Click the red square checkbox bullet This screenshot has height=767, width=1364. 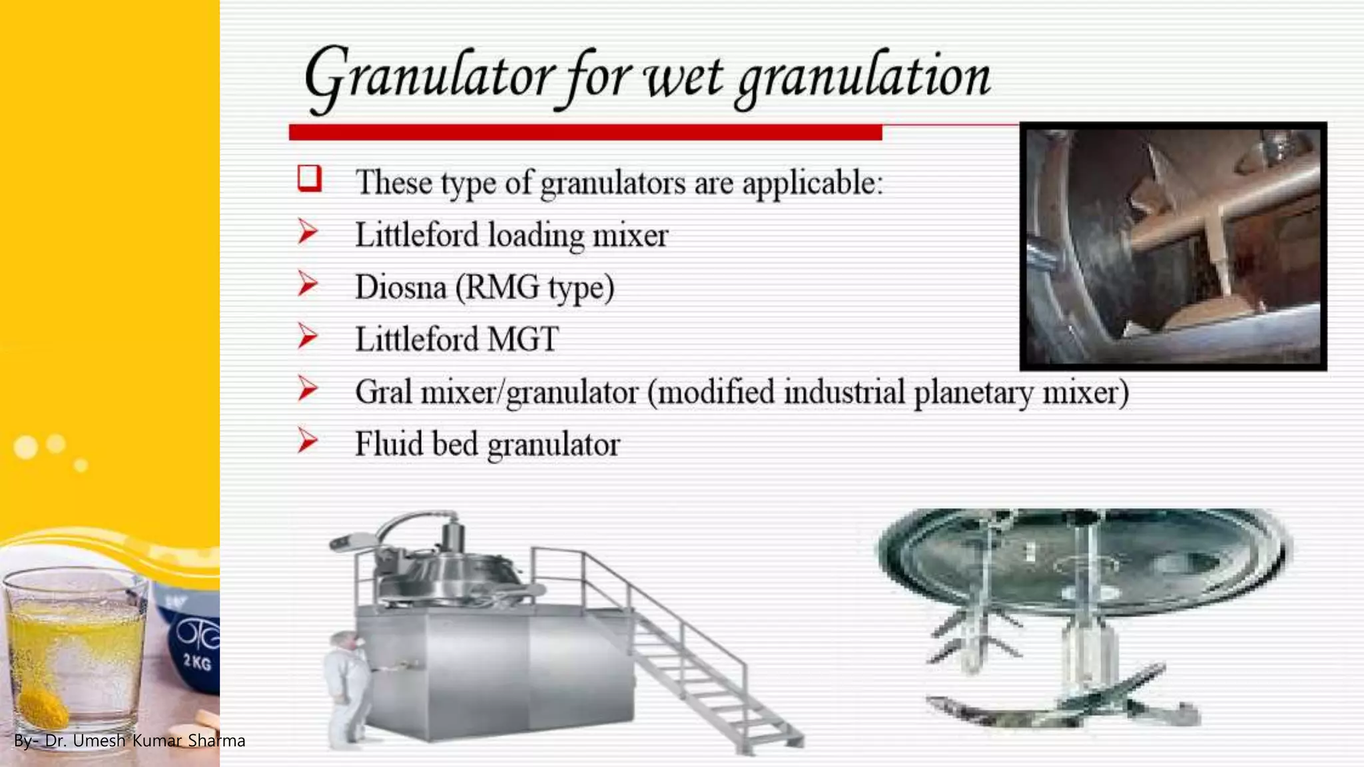coord(310,178)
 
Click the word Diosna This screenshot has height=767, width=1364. coord(400,288)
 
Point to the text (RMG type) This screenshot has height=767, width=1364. coord(535,288)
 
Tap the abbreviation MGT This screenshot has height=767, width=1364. coord(523,340)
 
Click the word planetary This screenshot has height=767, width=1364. coord(974,392)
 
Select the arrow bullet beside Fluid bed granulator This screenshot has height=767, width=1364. coord(308,441)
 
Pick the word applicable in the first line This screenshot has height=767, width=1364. coord(812,182)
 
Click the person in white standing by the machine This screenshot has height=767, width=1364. coord(346,686)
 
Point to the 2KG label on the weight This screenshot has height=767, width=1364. coord(197,662)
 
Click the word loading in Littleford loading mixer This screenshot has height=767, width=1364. coord(535,236)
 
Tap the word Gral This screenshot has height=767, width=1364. coord(383,391)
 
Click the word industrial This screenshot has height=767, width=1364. coord(844,391)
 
